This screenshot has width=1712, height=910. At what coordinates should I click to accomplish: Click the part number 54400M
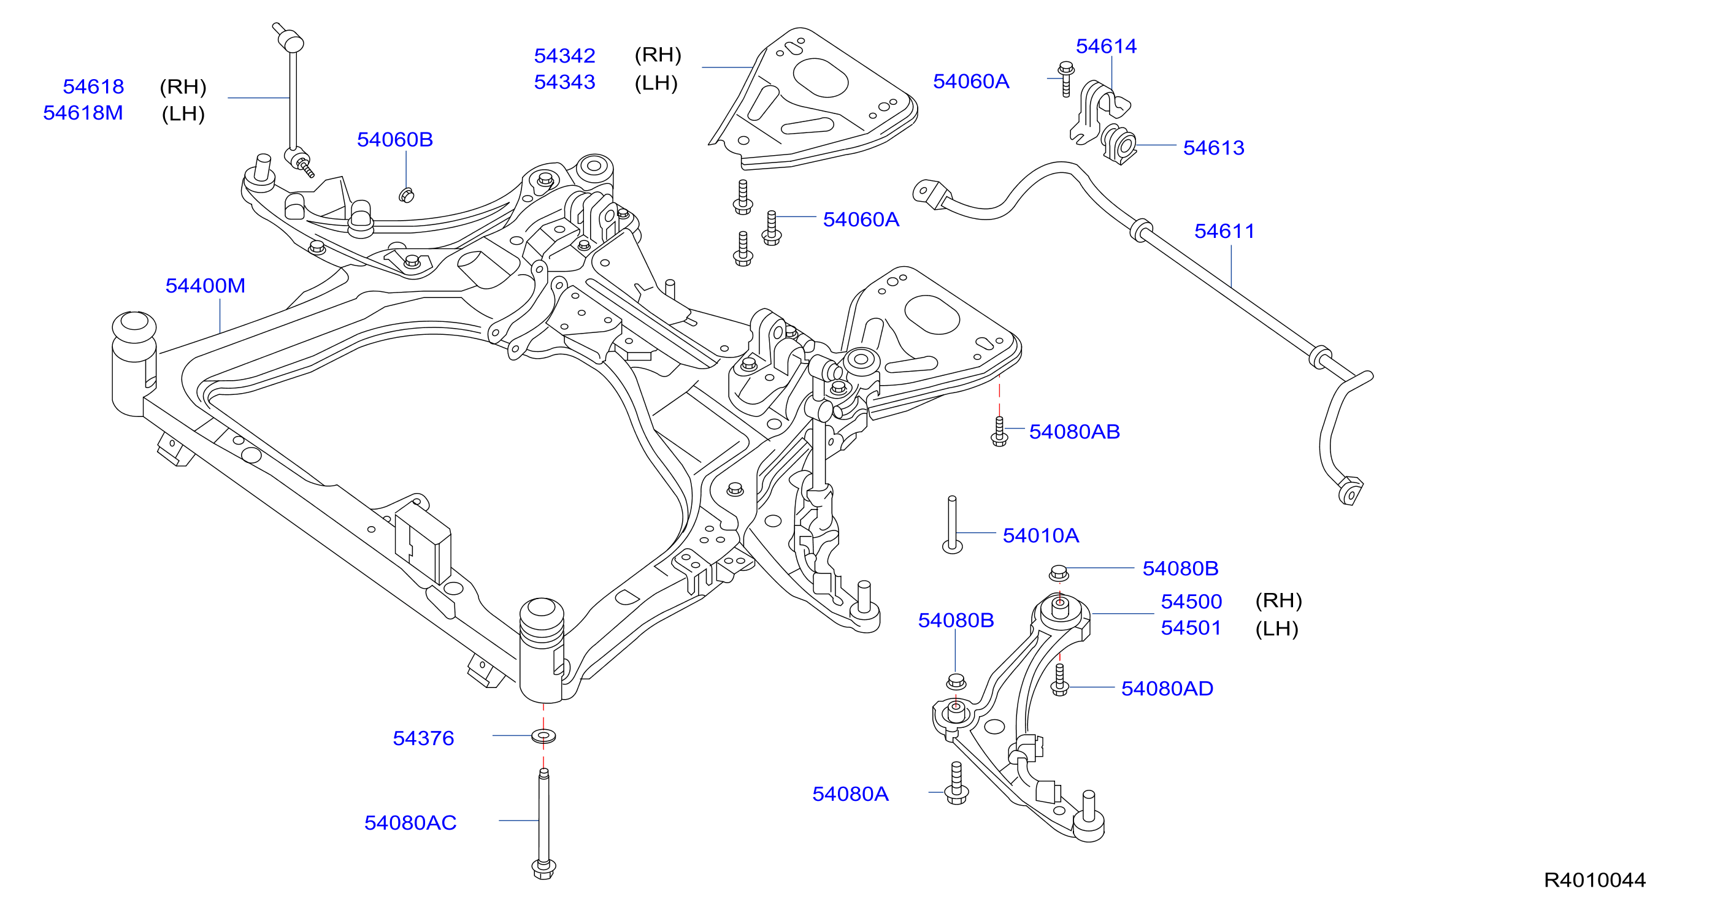[205, 286]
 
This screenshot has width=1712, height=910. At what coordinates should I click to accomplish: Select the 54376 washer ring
[543, 736]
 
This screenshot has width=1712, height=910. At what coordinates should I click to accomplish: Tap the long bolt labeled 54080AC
[543, 824]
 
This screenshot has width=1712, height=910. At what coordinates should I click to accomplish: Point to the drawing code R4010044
[1594, 880]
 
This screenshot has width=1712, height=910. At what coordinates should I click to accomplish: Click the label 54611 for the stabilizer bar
[1224, 231]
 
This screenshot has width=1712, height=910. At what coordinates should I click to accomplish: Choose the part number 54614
[1106, 47]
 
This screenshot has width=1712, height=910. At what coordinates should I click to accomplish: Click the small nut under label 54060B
[406, 194]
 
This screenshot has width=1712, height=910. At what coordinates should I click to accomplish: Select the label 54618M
[83, 113]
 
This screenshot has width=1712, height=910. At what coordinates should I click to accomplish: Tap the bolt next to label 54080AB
[999, 431]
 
